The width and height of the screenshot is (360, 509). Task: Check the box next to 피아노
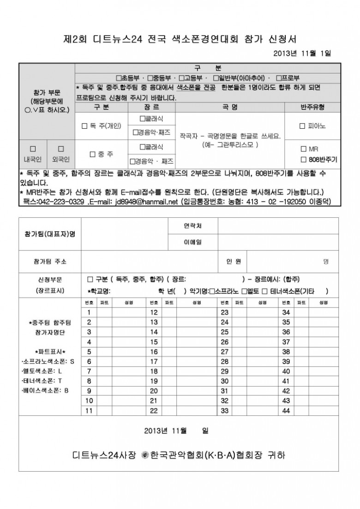tap(302, 126)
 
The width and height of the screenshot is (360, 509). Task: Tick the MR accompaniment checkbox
tap(303, 149)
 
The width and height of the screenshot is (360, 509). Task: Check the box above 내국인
tap(33, 149)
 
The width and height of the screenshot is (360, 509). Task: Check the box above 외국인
tap(60, 149)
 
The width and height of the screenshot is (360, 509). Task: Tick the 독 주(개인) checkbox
tap(84, 126)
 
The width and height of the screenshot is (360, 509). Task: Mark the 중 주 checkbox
tap(94, 154)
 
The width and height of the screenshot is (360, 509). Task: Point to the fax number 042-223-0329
tap(61, 202)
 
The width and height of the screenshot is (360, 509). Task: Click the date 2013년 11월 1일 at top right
tap(302, 53)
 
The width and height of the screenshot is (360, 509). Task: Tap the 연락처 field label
tap(192, 226)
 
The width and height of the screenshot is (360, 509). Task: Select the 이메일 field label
tap(192, 242)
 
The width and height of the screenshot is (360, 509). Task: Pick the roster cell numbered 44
tap(286, 411)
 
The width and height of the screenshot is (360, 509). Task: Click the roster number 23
tap(225, 312)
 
